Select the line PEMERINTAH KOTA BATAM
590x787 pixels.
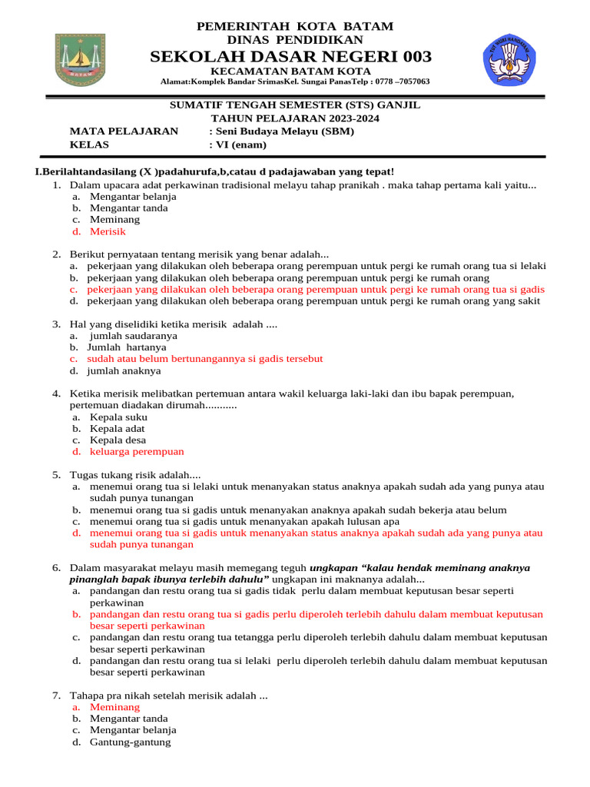tap(295, 26)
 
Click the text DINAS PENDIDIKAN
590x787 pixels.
tap(295, 40)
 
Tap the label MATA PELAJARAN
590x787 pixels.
tap(124, 131)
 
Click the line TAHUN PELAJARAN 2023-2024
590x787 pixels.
tap(295, 118)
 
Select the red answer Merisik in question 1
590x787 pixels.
tap(108, 231)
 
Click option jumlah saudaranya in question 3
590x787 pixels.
tap(134, 336)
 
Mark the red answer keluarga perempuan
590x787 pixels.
tap(137, 452)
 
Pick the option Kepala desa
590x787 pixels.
tap(118, 440)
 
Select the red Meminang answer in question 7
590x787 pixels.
tap(115, 707)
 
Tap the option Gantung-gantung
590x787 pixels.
tap(131, 742)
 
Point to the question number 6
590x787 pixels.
tap(57, 568)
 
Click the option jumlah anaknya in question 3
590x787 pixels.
tap(124, 370)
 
